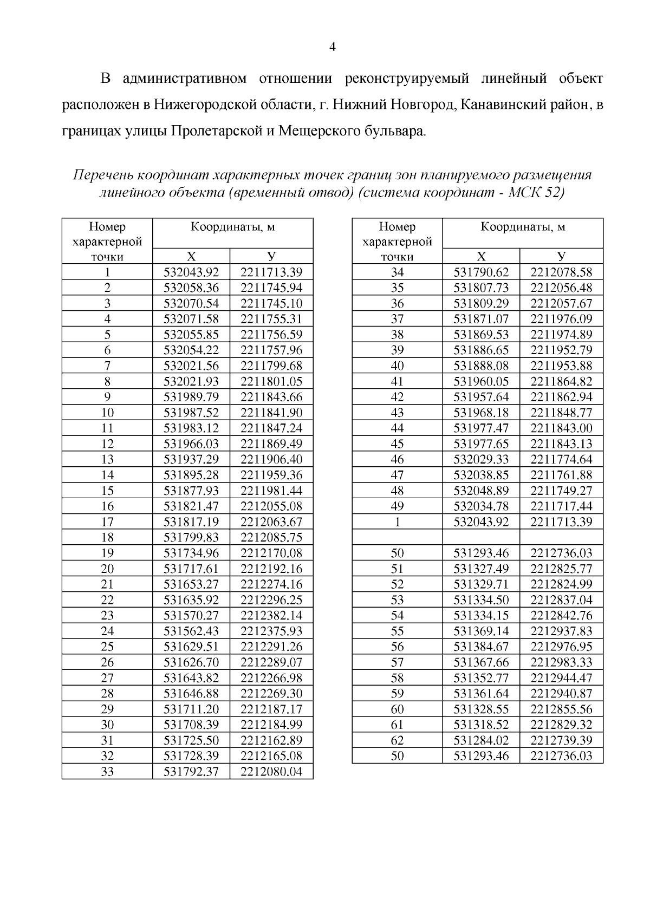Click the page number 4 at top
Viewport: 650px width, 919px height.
pyautogui.click(x=333, y=47)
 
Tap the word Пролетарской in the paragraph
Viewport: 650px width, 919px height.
pyautogui.click(x=217, y=131)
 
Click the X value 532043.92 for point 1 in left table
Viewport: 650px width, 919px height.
pyautogui.click(x=191, y=272)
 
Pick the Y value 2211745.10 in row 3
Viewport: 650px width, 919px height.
pyautogui.click(x=271, y=303)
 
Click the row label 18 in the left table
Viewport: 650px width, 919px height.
pyautogui.click(x=107, y=538)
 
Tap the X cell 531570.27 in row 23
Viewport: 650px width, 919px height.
pyautogui.click(x=191, y=616)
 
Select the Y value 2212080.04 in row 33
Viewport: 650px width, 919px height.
pyautogui.click(x=271, y=772)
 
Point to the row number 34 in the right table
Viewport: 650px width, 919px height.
pyautogui.click(x=397, y=272)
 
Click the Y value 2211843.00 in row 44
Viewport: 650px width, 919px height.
pyautogui.click(x=561, y=428)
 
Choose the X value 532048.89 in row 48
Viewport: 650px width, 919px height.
pyautogui.click(x=481, y=491)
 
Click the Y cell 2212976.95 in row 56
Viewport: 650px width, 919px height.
pyautogui.click(x=561, y=647)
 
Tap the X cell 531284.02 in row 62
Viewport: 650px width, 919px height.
pyautogui.click(x=481, y=740)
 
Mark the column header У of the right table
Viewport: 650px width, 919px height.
pyautogui.click(x=561, y=256)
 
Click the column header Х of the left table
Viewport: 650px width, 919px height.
pyautogui.click(x=191, y=256)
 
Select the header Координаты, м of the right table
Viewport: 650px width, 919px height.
pyautogui.click(x=523, y=227)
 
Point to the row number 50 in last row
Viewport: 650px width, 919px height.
pyautogui.click(x=397, y=756)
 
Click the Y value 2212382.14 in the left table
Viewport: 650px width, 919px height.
pyautogui.click(x=271, y=616)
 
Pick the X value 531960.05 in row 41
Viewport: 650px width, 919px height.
pyautogui.click(x=481, y=381)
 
